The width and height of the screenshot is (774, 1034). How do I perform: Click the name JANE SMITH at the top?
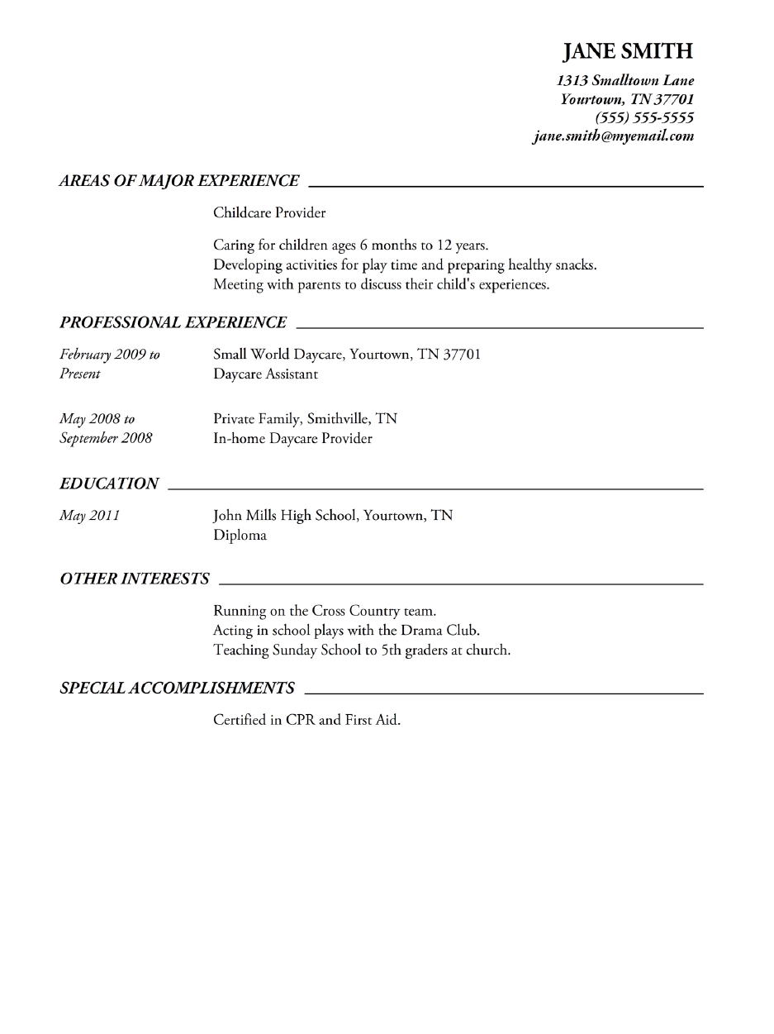click(628, 52)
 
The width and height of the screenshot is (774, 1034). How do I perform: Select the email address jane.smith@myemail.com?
click(614, 137)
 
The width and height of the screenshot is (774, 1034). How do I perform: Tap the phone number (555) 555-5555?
click(644, 118)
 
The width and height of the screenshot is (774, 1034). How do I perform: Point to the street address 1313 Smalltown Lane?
click(625, 81)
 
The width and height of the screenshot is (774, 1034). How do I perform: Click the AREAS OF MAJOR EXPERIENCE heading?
click(179, 181)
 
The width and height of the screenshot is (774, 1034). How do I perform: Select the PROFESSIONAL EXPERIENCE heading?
click(173, 322)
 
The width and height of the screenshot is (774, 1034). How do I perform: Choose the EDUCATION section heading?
click(109, 484)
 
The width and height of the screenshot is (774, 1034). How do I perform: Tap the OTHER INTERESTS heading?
click(135, 579)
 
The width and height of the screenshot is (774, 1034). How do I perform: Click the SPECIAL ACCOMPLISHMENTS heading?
click(178, 688)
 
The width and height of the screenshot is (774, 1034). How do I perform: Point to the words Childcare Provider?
click(269, 213)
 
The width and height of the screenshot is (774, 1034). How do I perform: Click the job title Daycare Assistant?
click(265, 374)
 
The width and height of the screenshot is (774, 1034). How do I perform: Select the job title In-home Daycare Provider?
click(292, 439)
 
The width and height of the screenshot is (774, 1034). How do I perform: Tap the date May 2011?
click(89, 516)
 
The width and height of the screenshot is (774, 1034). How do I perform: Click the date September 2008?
click(106, 438)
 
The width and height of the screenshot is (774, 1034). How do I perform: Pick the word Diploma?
click(240, 536)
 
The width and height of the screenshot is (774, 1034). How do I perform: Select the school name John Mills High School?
click(285, 516)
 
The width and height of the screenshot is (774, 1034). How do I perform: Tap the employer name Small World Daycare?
click(278, 355)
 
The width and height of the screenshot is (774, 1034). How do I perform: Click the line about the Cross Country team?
click(325, 612)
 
